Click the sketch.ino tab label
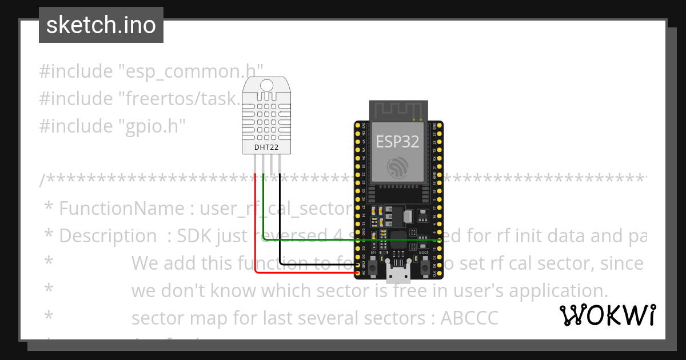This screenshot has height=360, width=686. tap(101, 25)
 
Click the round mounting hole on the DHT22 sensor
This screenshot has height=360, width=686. tap(267, 86)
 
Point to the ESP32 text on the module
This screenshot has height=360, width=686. tap(397, 142)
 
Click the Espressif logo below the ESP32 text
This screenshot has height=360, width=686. tap(398, 167)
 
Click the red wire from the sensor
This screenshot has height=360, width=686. tap(256, 229)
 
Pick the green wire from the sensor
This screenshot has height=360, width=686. tap(343, 239)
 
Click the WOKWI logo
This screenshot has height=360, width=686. tap(607, 315)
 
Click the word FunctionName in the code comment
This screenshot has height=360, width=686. tap(122, 208)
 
